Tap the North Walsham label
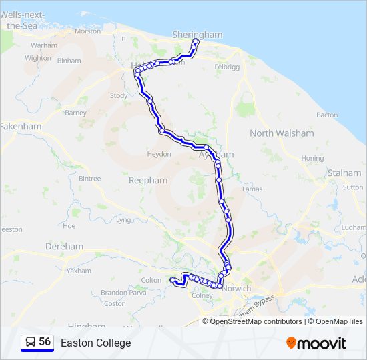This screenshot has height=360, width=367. point(281,133)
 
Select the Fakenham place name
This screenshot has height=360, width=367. point(21,126)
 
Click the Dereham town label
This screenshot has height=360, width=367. point(64,247)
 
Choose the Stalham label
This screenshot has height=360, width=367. point(344,173)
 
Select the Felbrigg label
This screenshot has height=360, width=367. point(226,67)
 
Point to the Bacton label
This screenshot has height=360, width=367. point(327,115)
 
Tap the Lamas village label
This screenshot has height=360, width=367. point(252,189)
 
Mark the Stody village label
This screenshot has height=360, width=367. point(119,96)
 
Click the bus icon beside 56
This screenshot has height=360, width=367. point(30,343)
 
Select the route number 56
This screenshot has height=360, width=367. point(45,342)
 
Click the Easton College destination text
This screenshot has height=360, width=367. point(95,343)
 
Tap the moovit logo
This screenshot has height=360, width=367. point(316,343)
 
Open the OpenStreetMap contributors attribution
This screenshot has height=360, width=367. point(254,321)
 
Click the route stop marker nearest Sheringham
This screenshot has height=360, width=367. point(196,42)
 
